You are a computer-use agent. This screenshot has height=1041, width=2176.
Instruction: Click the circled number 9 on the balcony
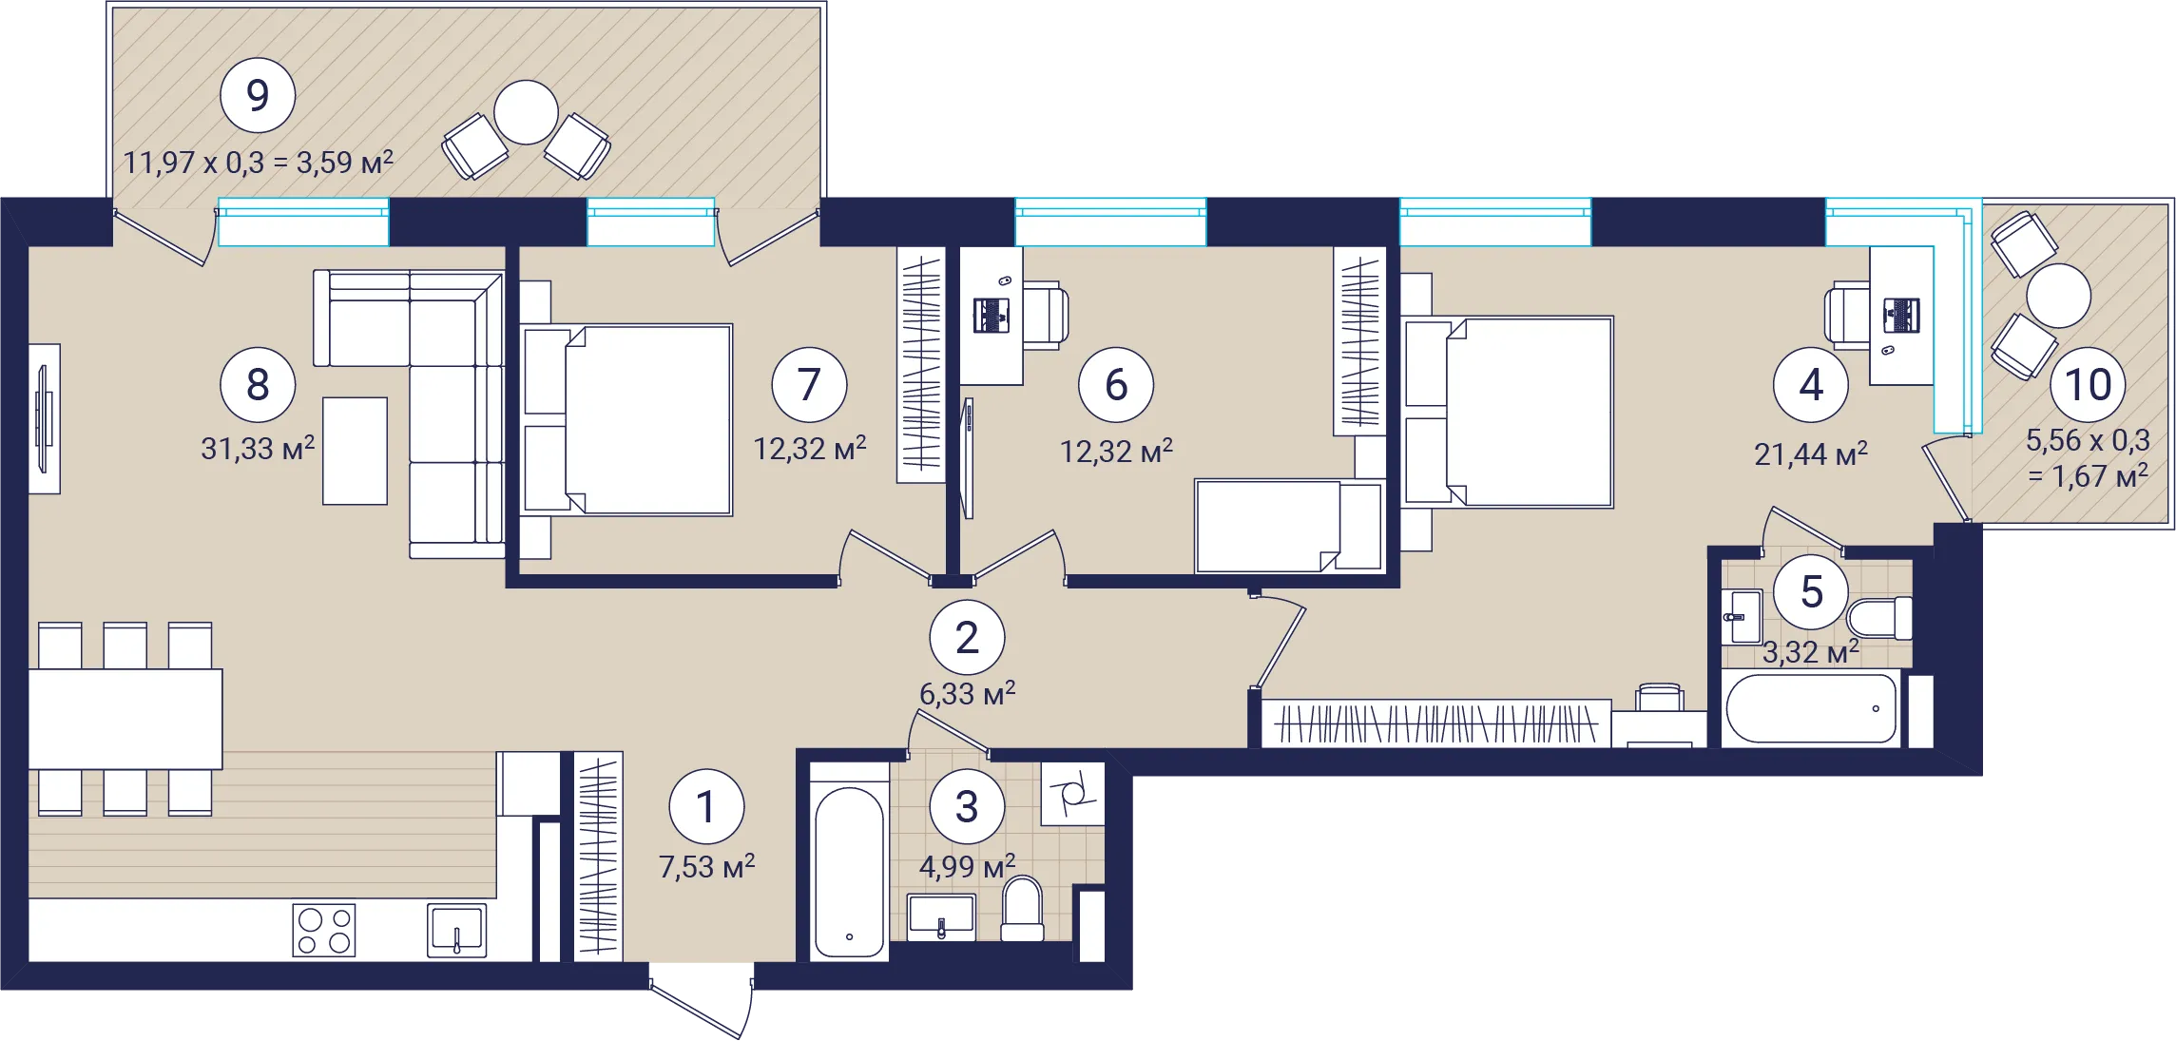pos(258,95)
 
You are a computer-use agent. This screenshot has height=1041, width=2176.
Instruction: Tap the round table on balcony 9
pos(526,112)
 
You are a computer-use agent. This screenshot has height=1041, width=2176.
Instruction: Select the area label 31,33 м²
pos(258,448)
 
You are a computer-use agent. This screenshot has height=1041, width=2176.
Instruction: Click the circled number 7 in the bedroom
pos(809,384)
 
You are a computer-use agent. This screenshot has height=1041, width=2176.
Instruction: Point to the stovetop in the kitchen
pos(324,930)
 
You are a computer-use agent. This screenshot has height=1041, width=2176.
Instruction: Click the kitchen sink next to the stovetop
pos(456,930)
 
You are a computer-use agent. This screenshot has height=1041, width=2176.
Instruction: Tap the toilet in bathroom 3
pos(1023,909)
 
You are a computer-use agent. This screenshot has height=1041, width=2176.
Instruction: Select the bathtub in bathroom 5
pos(1811,708)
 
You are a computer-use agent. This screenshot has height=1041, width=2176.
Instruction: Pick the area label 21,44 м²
pos(1811,454)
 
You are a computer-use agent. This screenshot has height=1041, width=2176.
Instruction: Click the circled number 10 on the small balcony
pos(2088,384)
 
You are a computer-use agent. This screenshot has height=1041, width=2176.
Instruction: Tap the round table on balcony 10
pos(2058,296)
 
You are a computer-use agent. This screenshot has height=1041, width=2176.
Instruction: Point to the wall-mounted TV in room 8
pos(44,418)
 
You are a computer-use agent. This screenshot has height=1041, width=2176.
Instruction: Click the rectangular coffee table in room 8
pos(355,451)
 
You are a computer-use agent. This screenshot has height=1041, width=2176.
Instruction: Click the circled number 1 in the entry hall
pos(706,806)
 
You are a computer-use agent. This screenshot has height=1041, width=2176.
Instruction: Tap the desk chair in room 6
pos(1046,315)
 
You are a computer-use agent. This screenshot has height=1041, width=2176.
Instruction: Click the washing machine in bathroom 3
pos(1072,793)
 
